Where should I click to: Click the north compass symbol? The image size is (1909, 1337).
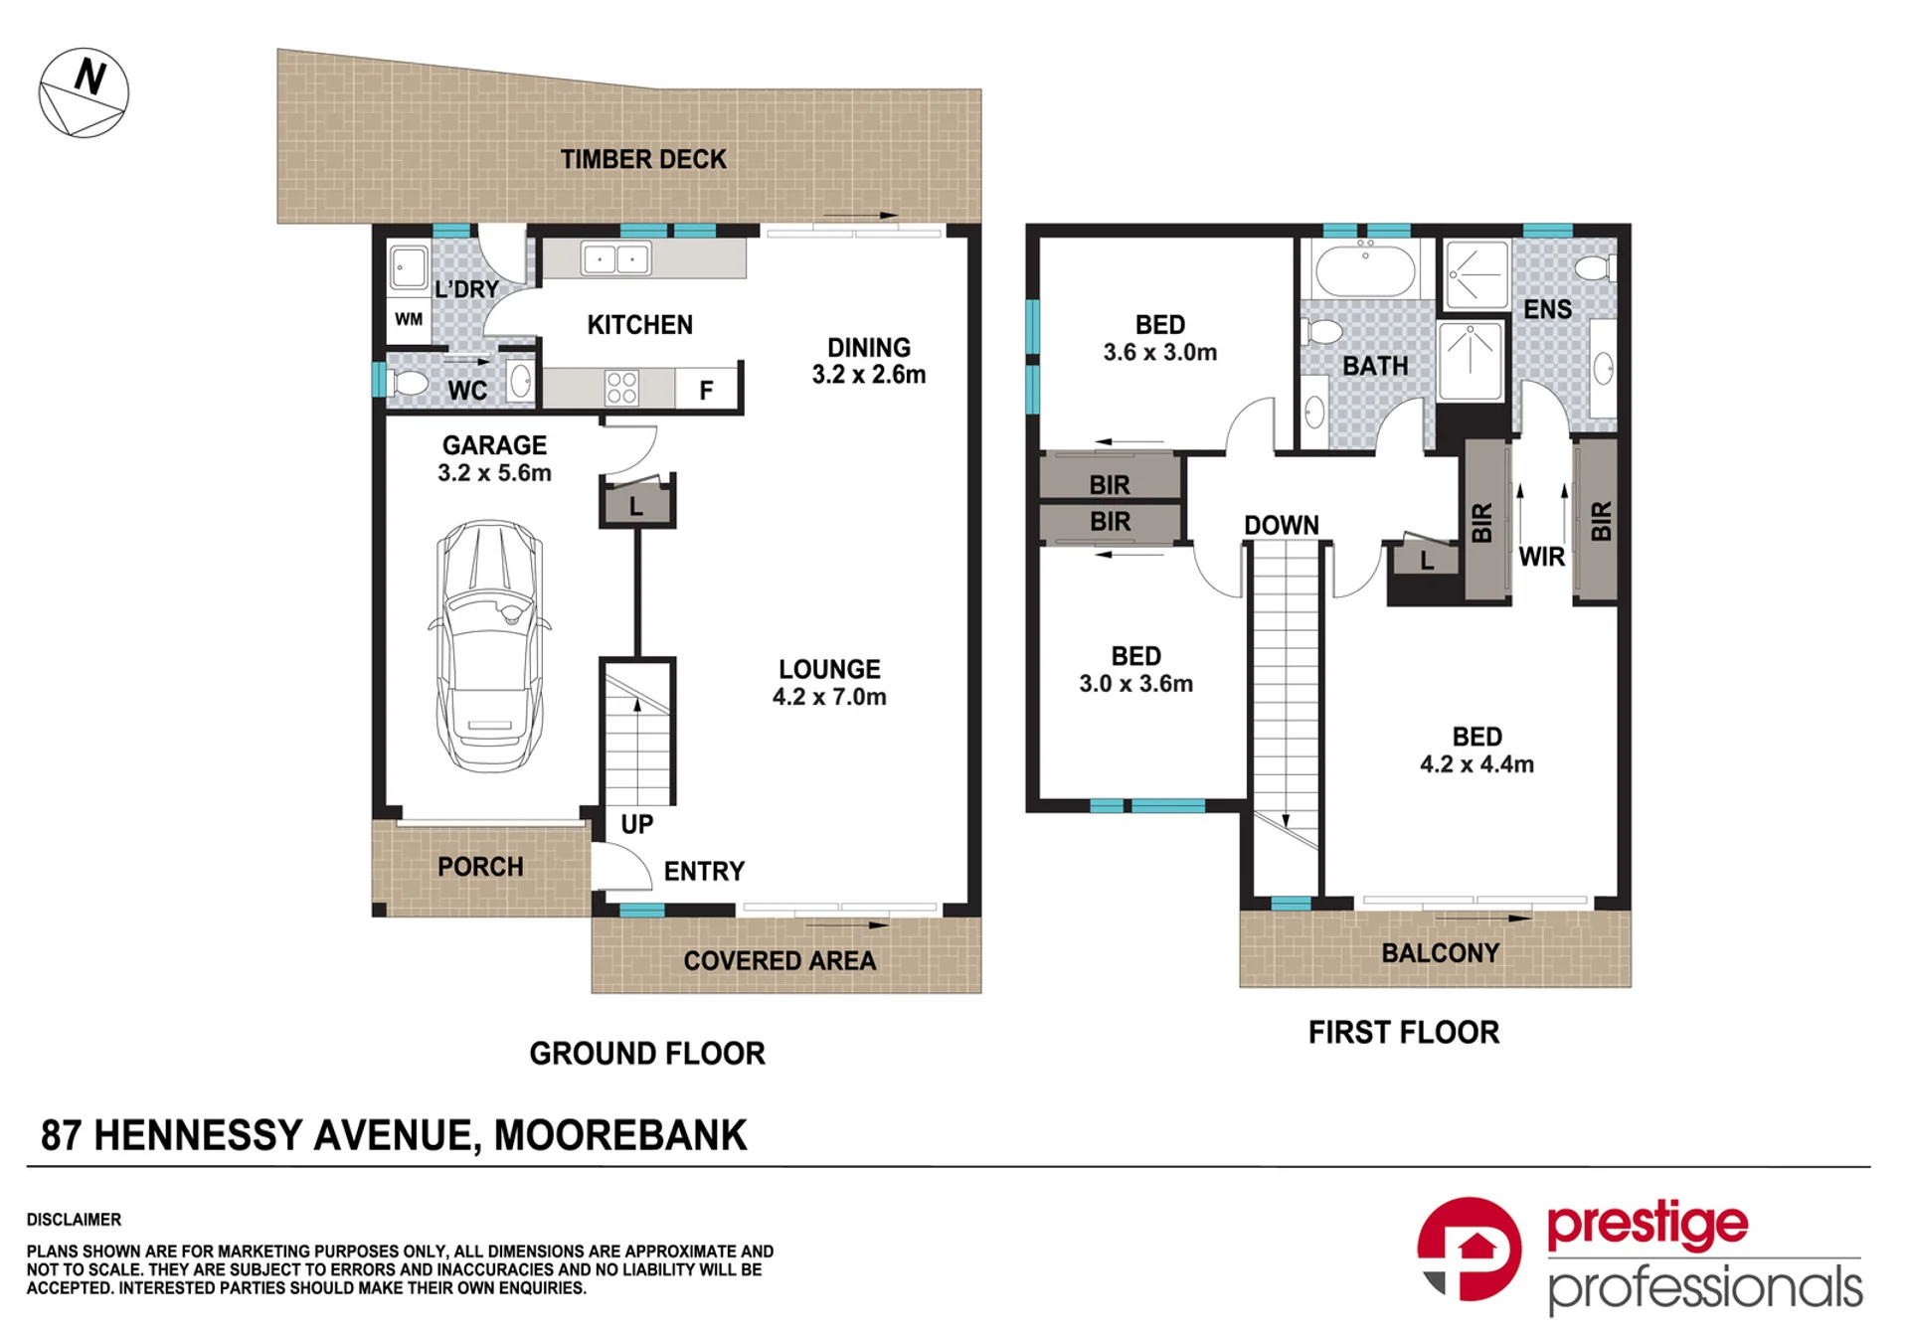click(84, 92)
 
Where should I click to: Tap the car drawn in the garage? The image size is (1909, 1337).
click(489, 646)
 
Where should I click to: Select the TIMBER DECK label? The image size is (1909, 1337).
click(643, 159)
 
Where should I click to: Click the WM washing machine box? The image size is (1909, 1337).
click(409, 319)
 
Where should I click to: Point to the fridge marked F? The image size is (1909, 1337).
click(706, 390)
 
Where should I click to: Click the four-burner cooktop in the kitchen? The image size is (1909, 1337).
click(621, 388)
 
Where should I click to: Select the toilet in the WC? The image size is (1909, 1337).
click(406, 383)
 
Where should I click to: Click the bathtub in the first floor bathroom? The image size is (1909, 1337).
click(1364, 268)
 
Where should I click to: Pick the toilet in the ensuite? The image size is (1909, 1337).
click(1597, 267)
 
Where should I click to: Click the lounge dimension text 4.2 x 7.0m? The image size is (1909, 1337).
click(829, 697)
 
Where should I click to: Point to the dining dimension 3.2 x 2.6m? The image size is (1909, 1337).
click(869, 375)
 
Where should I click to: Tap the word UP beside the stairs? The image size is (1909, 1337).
click(637, 824)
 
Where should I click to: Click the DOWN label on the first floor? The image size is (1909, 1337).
click(1282, 525)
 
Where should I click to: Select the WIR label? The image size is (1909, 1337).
click(1542, 557)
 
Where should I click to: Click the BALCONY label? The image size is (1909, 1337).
click(1441, 953)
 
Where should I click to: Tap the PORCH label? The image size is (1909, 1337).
click(480, 867)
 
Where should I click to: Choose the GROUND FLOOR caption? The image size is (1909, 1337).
click(647, 1054)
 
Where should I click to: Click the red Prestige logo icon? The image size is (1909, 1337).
click(1469, 1250)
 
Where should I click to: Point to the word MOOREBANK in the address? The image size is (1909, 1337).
click(620, 1135)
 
